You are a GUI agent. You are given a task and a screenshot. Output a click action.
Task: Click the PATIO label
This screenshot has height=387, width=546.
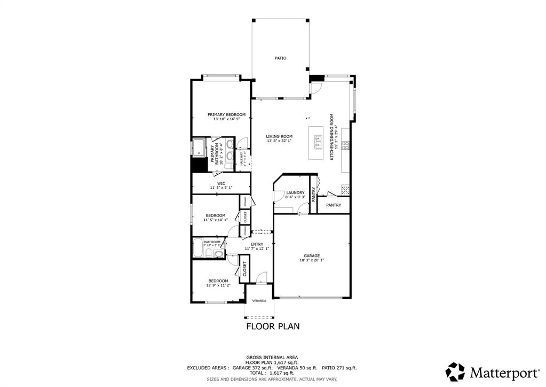pyautogui.click(x=280, y=58)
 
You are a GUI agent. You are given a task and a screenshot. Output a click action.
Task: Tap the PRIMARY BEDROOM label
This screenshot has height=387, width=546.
pyautogui.click(x=226, y=114)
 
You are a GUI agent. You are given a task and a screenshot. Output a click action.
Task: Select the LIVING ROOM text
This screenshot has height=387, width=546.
pyautogui.click(x=279, y=136)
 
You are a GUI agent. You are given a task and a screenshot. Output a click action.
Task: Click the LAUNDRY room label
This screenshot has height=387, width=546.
pyautogui.click(x=295, y=192)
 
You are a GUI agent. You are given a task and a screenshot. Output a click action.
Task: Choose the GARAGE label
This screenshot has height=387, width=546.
pyautogui.click(x=312, y=256)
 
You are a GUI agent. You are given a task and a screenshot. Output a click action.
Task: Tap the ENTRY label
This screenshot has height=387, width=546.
pyautogui.click(x=257, y=244)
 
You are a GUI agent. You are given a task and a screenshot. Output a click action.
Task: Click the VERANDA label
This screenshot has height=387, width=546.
pyautogui.click(x=259, y=300)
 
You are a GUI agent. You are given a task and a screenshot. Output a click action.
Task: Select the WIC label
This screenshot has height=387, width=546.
pyautogui.click(x=221, y=183)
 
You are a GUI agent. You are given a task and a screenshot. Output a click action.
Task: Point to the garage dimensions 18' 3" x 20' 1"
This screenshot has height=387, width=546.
pyautogui.click(x=312, y=260)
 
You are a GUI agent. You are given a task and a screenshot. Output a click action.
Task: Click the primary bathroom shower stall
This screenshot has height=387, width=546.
pyautogui.click(x=199, y=147)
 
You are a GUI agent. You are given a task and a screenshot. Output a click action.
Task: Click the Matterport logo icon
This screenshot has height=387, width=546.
pyautogui.click(x=455, y=371)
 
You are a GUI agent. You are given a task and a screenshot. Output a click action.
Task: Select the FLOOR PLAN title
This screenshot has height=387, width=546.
pyautogui.click(x=272, y=326)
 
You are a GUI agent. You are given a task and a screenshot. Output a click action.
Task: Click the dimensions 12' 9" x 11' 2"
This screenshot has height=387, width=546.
pyautogui.click(x=218, y=285)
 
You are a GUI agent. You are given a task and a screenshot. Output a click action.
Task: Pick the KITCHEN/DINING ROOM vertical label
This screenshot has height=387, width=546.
pyautogui.click(x=331, y=137)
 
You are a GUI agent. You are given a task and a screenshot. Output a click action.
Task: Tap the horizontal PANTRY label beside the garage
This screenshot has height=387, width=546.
pyautogui.click(x=334, y=205)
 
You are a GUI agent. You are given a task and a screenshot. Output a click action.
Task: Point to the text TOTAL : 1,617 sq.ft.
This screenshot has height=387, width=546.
pyautogui.click(x=272, y=373)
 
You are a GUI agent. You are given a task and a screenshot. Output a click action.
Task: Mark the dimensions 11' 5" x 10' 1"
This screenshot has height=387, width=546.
pyautogui.click(x=215, y=220)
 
